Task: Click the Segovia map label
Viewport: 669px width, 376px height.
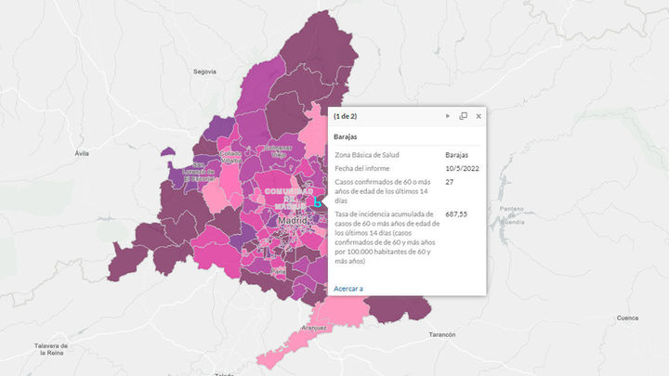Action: click(x=204, y=71)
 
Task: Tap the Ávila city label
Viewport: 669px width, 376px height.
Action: click(x=82, y=152)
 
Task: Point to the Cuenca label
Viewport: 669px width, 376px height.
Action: click(x=628, y=318)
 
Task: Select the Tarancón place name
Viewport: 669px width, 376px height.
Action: click(x=442, y=334)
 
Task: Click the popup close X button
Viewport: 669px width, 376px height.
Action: click(x=479, y=116)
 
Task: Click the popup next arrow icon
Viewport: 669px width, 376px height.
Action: click(x=448, y=116)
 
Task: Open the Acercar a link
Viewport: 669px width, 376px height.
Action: click(x=348, y=289)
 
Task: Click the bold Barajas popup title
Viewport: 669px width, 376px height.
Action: click(x=347, y=136)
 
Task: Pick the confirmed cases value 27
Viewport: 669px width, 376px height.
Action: click(x=450, y=183)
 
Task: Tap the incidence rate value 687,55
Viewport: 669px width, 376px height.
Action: click(x=457, y=214)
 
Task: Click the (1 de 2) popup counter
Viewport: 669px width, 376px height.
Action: click(x=347, y=116)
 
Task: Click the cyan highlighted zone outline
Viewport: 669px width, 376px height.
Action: click(x=317, y=201)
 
